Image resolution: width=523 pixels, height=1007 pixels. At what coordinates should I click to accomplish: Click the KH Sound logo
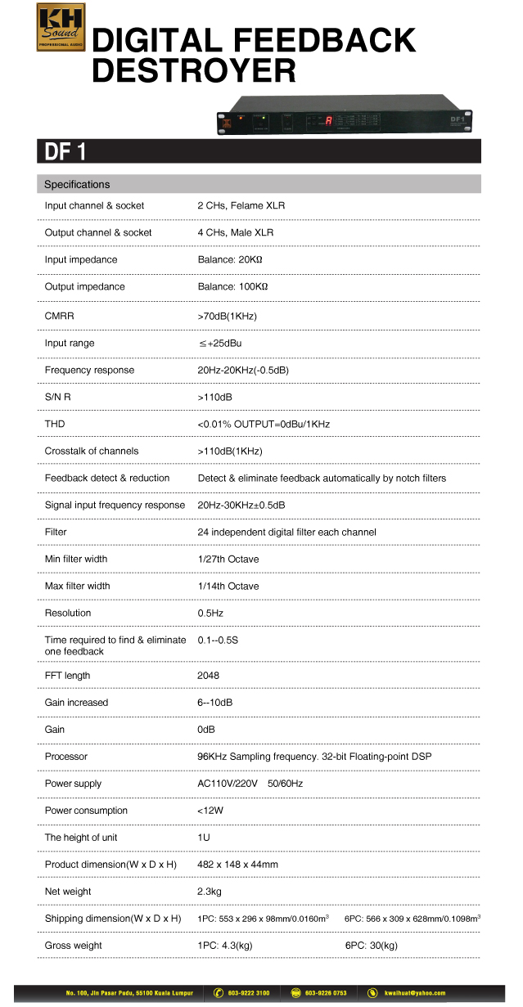[x=61, y=28]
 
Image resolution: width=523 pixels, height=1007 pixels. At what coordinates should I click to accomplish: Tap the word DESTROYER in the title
[x=193, y=71]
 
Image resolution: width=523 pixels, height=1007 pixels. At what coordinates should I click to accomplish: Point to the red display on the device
[x=328, y=121]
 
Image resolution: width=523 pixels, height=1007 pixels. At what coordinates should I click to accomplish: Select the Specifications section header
[x=77, y=185]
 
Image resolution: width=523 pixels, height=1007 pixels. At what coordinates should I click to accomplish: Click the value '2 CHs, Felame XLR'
[x=241, y=206]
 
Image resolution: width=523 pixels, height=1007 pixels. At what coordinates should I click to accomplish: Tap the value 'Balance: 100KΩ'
[x=232, y=287]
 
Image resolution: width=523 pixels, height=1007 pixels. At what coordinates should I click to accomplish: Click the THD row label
[x=55, y=424]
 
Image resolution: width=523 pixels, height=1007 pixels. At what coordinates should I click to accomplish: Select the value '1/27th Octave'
[x=228, y=559]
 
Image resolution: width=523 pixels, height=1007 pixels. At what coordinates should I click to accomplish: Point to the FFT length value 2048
[x=209, y=676]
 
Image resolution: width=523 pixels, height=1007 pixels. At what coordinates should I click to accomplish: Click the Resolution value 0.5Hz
[x=211, y=613]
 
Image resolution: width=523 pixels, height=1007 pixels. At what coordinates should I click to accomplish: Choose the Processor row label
[x=66, y=757]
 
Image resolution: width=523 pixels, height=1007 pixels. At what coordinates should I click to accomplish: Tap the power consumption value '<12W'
[x=210, y=811]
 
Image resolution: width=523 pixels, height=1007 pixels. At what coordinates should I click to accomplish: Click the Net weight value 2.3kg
[x=210, y=892]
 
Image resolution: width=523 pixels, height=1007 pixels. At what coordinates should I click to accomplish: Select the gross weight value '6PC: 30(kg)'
[x=371, y=946]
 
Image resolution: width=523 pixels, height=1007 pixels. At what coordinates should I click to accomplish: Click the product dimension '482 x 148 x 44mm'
[x=238, y=865]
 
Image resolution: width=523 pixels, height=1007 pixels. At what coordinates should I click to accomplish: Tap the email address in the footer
[x=417, y=993]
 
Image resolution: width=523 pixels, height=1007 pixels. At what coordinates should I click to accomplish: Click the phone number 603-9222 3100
[x=248, y=993]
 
